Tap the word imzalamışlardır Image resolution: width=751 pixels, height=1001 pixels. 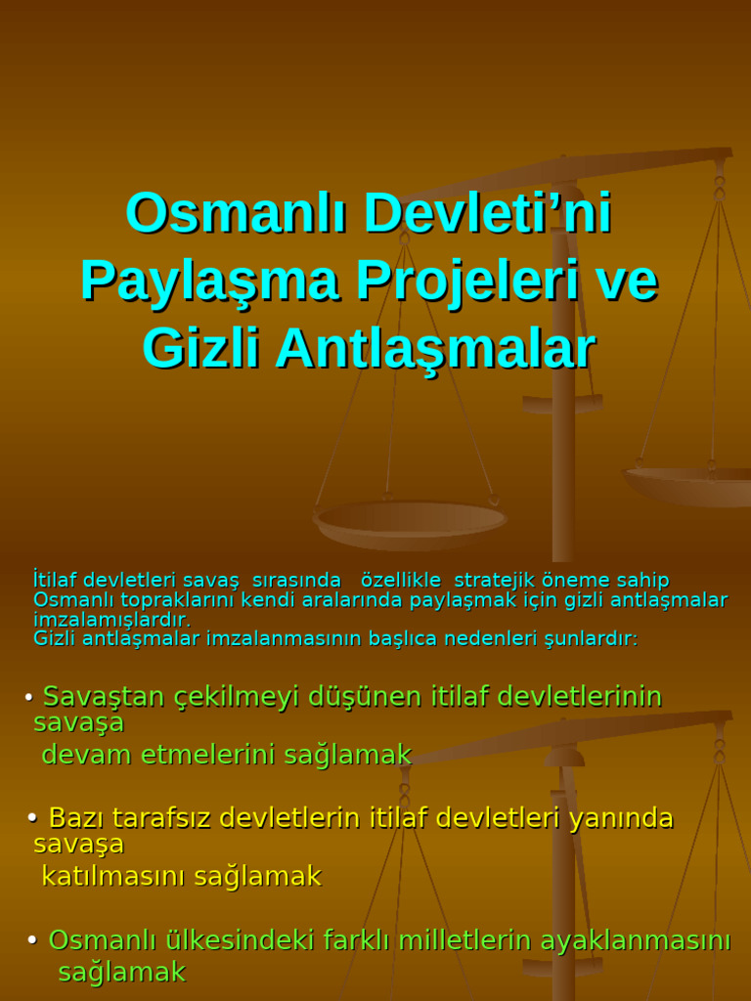(111, 620)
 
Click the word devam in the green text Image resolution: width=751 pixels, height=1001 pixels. (87, 755)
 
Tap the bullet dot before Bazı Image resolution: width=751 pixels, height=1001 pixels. (32, 817)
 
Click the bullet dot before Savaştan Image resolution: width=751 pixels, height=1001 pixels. (29, 697)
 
